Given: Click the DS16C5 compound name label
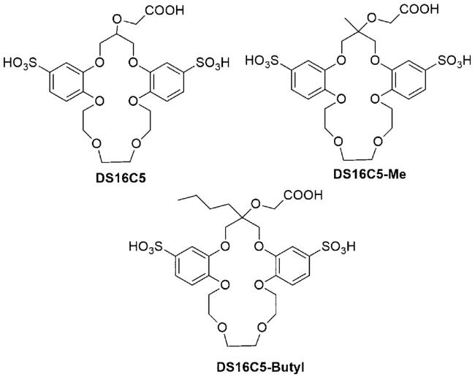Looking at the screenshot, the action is (x=121, y=178).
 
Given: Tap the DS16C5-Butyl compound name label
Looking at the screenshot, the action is (x=261, y=368).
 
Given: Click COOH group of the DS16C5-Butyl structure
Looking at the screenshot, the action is (x=303, y=195).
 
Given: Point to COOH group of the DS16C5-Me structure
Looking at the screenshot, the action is (x=419, y=9).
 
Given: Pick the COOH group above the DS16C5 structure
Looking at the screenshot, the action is (x=165, y=10).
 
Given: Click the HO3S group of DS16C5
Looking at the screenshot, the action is (x=20, y=63).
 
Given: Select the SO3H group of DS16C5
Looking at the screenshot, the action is (x=212, y=64).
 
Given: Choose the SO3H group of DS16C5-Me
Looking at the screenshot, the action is (x=455, y=61).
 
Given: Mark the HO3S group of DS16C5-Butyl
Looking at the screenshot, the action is (x=146, y=246).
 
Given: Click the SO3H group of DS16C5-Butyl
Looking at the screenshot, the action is (x=338, y=247).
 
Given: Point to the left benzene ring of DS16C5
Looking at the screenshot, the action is (x=66, y=82).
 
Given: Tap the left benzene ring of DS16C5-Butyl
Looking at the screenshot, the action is (x=192, y=265).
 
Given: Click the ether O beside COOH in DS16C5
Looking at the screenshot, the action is (x=117, y=20).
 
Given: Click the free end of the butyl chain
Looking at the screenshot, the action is (x=179, y=199).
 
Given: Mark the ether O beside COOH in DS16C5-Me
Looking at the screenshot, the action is (x=371, y=19).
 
